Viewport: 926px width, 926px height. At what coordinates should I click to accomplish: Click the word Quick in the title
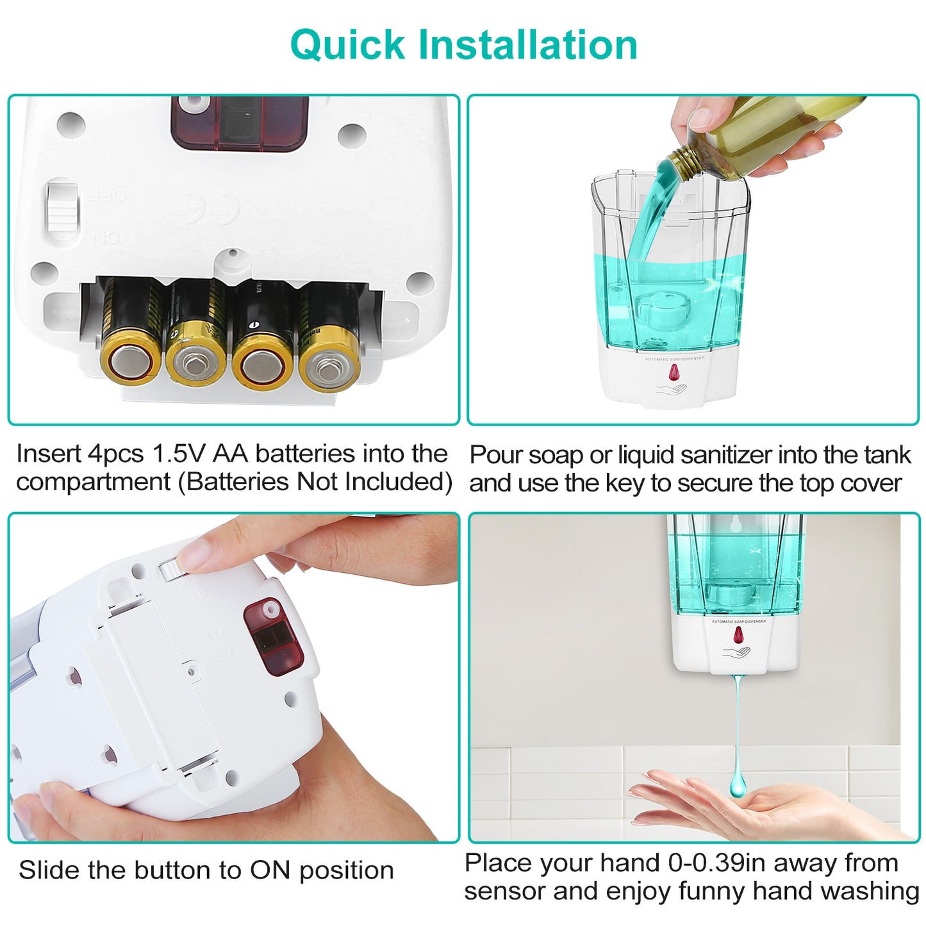tap(348, 45)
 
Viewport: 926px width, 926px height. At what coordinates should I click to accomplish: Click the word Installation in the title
tap(528, 45)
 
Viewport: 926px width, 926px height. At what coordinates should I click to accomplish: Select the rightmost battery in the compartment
tap(329, 337)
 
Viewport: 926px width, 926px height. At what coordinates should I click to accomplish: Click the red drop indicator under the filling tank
tap(674, 372)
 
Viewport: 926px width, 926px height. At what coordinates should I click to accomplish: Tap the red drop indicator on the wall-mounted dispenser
tap(738, 636)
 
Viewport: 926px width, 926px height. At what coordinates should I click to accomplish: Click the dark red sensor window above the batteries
tap(240, 123)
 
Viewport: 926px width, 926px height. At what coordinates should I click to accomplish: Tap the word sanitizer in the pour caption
tap(708, 454)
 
